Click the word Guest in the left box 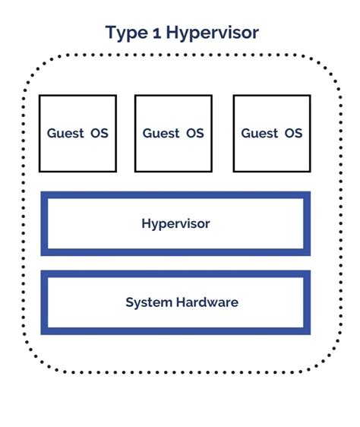coord(65,133)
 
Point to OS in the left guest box coord(98,133)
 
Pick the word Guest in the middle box coord(161,133)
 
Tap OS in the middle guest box coord(194,133)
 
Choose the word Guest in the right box coord(260,133)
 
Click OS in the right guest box coord(293,133)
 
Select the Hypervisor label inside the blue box coord(175,223)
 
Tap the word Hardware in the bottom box coord(207,302)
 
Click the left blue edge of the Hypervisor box coord(44,223)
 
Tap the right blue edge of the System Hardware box coord(307,302)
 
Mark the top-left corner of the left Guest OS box coord(40,96)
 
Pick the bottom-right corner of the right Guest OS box coord(310,171)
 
